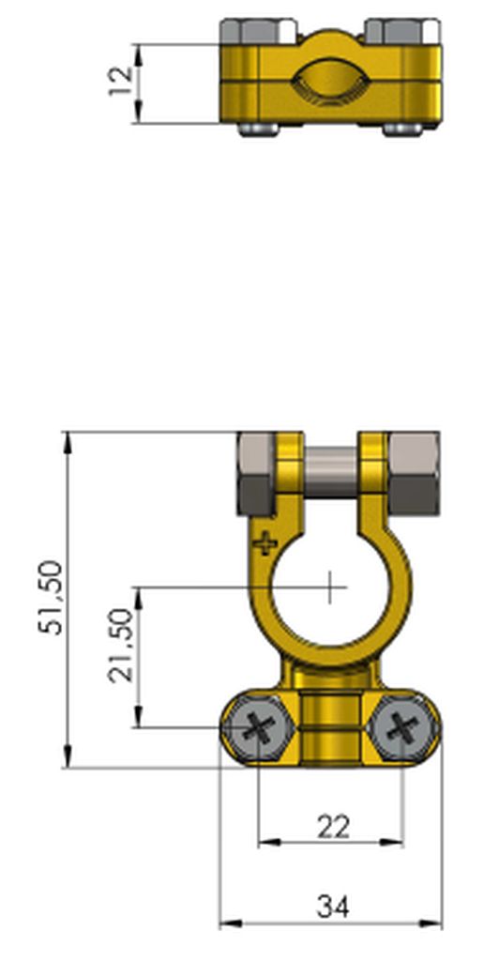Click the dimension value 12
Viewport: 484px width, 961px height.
click(121, 80)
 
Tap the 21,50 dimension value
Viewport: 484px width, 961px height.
click(121, 645)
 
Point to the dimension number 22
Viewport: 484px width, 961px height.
click(333, 827)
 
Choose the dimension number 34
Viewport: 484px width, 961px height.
click(333, 907)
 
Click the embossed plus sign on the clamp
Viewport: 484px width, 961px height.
click(265, 542)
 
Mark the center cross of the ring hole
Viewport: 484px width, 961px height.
click(330, 587)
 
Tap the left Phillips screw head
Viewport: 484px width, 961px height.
click(259, 728)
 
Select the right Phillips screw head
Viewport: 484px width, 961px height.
click(402, 728)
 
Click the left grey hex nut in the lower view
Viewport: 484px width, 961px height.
click(255, 473)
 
